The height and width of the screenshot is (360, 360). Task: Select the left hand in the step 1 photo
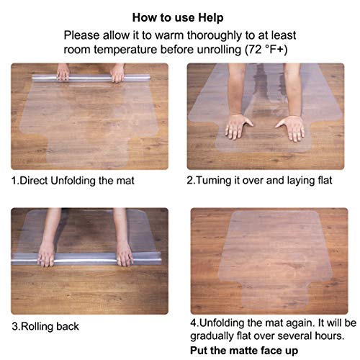(63, 74)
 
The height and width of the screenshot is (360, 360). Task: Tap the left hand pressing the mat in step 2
(237, 127)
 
